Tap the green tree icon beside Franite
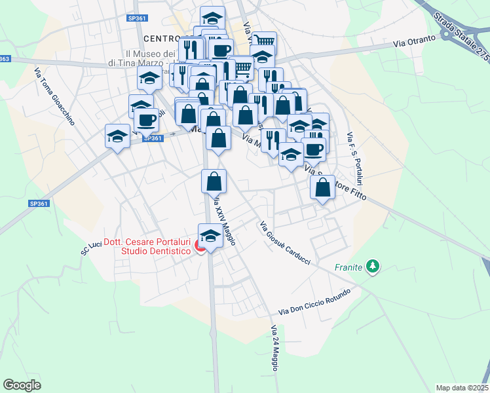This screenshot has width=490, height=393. [x=373, y=266]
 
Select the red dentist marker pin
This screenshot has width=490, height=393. [x=202, y=248]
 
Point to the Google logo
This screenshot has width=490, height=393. [x=22, y=384]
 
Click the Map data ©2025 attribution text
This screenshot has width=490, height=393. [x=462, y=388]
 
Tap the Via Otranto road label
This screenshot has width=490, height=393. [x=415, y=41]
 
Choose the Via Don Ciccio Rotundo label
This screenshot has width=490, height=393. [x=314, y=301]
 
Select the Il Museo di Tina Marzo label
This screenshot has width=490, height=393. [x=149, y=58]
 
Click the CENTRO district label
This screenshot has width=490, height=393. [x=168, y=38]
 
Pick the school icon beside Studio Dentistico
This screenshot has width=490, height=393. [x=210, y=235]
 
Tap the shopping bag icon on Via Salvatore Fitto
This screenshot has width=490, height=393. [x=322, y=187]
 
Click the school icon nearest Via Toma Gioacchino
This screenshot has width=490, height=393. [x=117, y=136]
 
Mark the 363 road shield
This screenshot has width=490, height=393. [x=4, y=59]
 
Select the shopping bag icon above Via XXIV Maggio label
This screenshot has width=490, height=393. [x=214, y=181]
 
